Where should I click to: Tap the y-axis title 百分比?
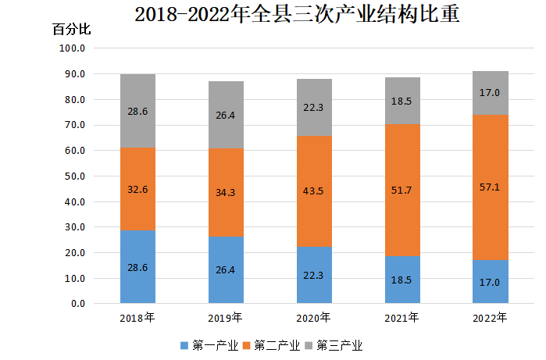tap(72, 30)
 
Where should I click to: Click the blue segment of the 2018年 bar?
tap(137, 266)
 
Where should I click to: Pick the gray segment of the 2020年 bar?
tap(314, 107)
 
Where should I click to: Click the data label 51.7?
tap(402, 190)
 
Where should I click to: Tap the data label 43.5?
tap(314, 191)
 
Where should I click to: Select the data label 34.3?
tap(226, 192)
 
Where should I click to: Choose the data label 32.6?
tap(137, 188)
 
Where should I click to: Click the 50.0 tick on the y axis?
tap(74, 176)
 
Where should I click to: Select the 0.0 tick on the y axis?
tap(77, 304)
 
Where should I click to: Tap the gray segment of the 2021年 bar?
tap(402, 101)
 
